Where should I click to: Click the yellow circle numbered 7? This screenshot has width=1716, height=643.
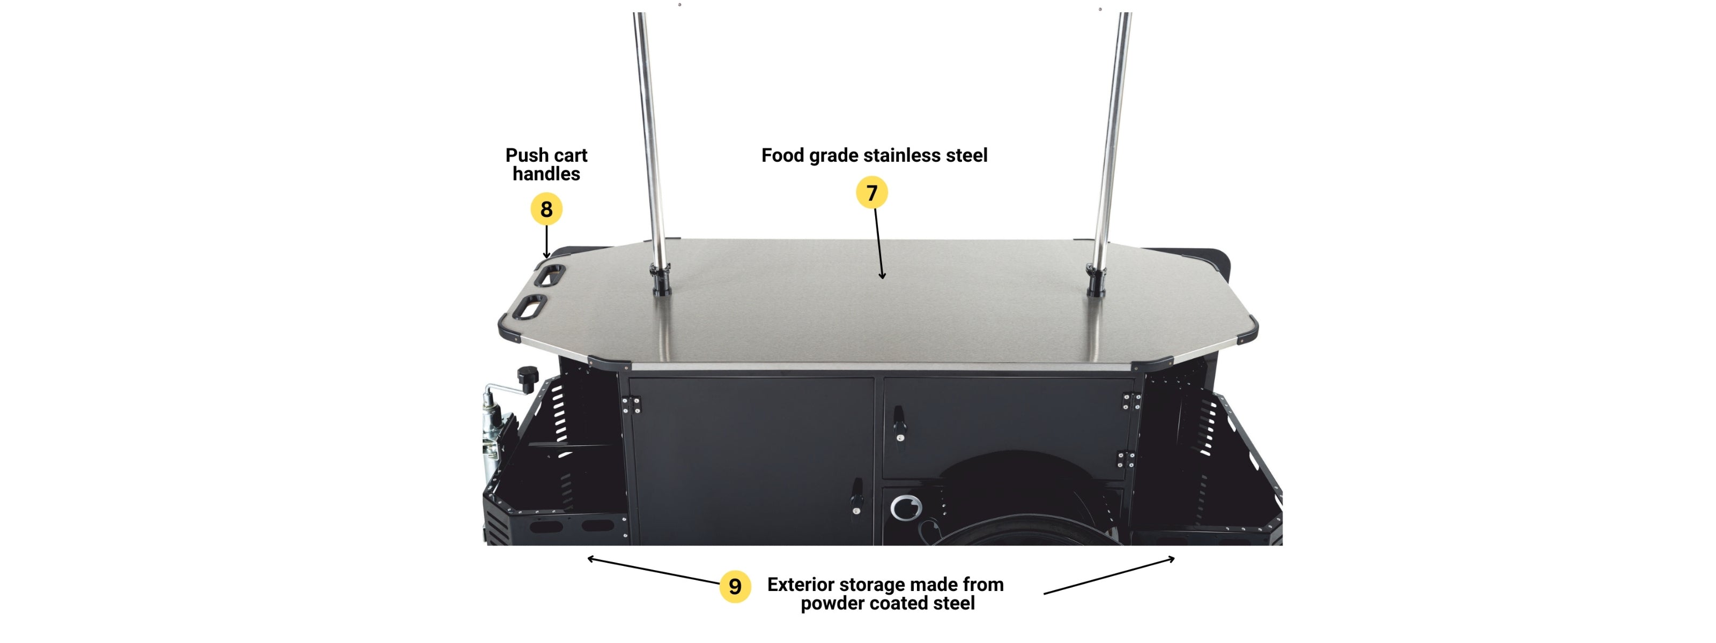871,192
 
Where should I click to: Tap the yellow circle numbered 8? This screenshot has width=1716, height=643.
546,209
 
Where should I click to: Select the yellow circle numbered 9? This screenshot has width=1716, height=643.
735,586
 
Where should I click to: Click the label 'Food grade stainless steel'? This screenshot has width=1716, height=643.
874,155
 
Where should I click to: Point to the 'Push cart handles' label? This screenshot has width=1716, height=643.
546,165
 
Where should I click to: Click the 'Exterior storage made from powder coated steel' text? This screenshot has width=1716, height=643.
885,594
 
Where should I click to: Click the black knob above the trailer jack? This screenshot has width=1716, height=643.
528,377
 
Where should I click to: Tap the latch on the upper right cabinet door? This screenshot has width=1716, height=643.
899,424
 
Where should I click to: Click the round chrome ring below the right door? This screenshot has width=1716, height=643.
906,507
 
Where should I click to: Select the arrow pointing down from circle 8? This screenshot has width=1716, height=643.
546,242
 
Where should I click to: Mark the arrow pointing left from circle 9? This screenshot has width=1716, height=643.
653,571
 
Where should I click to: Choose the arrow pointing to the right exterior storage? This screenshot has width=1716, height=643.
1109,576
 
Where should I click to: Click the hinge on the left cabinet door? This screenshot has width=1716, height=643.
632,405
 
